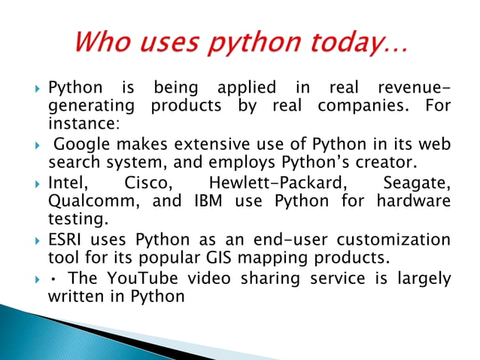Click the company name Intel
[x=68, y=183]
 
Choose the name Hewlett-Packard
[x=264, y=183]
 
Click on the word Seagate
[x=417, y=183]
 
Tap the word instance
[x=81, y=124]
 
